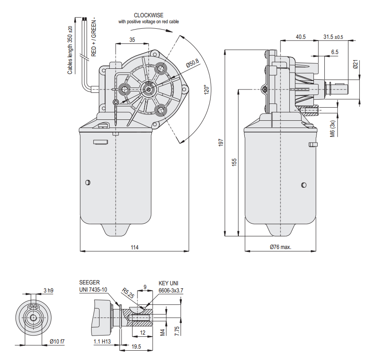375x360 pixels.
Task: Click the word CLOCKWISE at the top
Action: click(x=148, y=15)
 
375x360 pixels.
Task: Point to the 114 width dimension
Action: click(x=135, y=247)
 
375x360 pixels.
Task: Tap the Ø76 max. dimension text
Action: click(x=281, y=247)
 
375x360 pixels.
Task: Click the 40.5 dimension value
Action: click(x=300, y=37)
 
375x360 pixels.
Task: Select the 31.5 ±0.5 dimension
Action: click(x=333, y=37)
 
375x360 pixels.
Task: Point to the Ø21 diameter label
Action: click(x=355, y=65)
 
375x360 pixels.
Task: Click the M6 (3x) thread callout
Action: click(x=332, y=128)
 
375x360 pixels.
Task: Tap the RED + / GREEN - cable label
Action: click(x=94, y=37)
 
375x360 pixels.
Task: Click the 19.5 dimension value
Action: click(x=136, y=346)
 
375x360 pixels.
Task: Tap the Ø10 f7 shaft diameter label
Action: click(x=57, y=341)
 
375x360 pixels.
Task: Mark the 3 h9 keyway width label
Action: click(x=49, y=290)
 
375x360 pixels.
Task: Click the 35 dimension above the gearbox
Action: click(x=132, y=40)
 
